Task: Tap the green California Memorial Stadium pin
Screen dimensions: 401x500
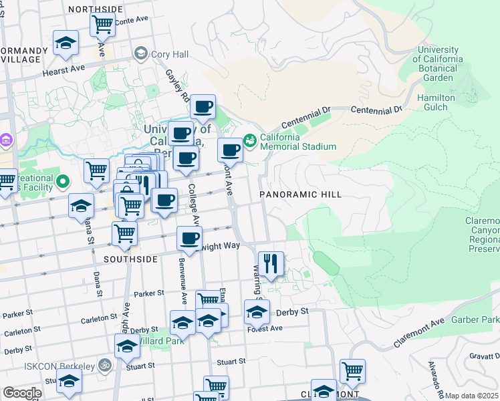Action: click(x=250, y=140)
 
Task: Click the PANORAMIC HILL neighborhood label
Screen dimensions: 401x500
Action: click(x=301, y=194)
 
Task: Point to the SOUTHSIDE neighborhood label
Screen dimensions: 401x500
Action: click(x=130, y=259)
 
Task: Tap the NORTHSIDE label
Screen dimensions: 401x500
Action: click(x=96, y=9)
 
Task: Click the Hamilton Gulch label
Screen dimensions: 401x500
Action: click(x=436, y=102)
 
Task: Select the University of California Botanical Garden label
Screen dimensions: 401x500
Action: click(x=438, y=63)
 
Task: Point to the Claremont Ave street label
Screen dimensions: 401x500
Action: click(x=419, y=331)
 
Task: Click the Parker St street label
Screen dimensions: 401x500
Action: click(x=148, y=293)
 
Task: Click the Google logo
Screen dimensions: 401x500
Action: click(x=22, y=393)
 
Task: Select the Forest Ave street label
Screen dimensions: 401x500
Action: click(x=265, y=329)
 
